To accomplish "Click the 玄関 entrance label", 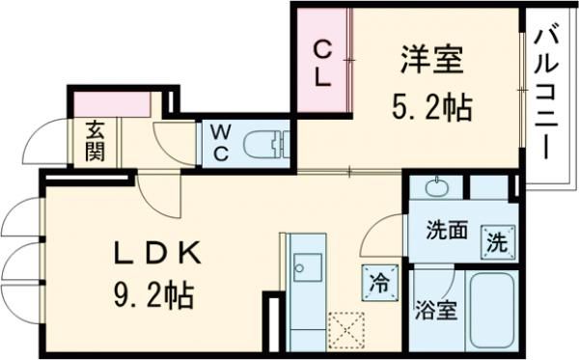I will pos(95,142).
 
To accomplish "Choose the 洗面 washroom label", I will pos(446,232).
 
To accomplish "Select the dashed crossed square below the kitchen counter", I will pos(345,328).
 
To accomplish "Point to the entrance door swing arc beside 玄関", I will pos(41,145).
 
